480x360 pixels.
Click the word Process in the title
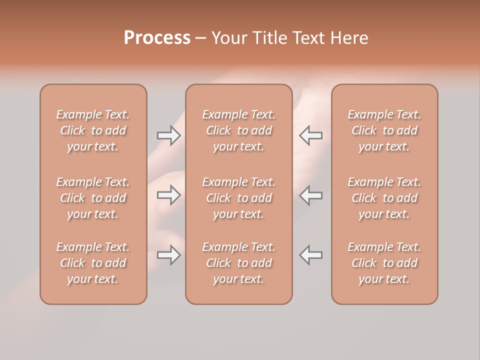click(157, 38)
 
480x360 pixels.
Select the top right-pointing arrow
click(169, 135)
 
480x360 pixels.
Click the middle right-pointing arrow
click(169, 195)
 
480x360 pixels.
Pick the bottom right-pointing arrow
click(169, 255)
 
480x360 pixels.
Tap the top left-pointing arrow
click(311, 135)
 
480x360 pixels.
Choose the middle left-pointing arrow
click(311, 195)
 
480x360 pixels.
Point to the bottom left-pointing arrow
click(311, 255)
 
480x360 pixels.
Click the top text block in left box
click(93, 130)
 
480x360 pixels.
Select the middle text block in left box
click(93, 198)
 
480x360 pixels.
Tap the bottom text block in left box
click(93, 263)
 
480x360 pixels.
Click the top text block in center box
click(239, 130)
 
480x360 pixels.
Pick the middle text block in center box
click(239, 198)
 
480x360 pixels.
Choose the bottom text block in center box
click(239, 263)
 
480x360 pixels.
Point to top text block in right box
click(384, 130)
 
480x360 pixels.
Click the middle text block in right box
click(384, 198)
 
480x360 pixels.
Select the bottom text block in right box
click(384, 263)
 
